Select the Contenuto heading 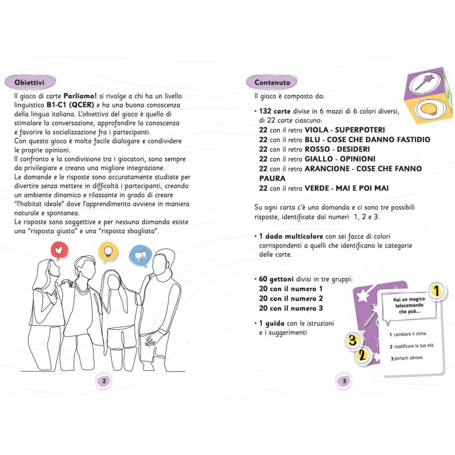pos(272,82)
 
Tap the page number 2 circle pos(104,380)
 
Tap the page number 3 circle pos(344,380)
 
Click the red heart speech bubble pos(58,251)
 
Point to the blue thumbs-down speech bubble pos(138,255)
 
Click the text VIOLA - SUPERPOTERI pos(344,130)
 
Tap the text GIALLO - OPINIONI pos(340,159)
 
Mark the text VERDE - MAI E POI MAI pos(347,188)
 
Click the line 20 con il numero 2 pos(291,299)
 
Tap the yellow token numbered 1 pos(437,291)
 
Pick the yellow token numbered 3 pos(352,341)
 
